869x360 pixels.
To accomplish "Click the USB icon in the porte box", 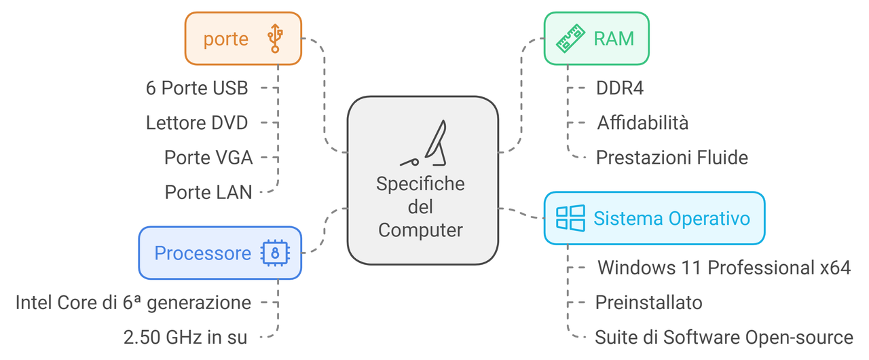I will coord(275,39).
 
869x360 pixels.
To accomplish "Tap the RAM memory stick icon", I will coord(570,39).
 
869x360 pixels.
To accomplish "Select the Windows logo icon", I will coord(570,218).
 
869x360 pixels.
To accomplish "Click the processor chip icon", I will coord(275,253).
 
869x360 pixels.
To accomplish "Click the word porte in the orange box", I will coord(226,39).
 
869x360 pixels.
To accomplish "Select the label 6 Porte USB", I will coord(197,88).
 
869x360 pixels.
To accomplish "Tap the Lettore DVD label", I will coord(197,123).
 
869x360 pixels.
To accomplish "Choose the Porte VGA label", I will coord(208,158).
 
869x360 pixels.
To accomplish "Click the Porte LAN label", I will coord(208,192).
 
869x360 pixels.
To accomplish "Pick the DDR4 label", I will coord(620,88).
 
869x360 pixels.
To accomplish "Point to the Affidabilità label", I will coord(643,123).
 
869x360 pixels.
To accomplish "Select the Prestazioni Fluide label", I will coord(672,158).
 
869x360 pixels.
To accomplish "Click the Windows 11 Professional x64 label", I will coord(724,267).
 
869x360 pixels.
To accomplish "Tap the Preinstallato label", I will coord(649,302).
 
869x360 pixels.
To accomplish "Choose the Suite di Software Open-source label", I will coord(724,337).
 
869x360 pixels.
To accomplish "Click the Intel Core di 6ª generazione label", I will coord(133,302).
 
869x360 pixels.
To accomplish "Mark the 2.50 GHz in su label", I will coord(185,337).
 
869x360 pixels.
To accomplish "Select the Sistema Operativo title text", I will coord(672,218).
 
